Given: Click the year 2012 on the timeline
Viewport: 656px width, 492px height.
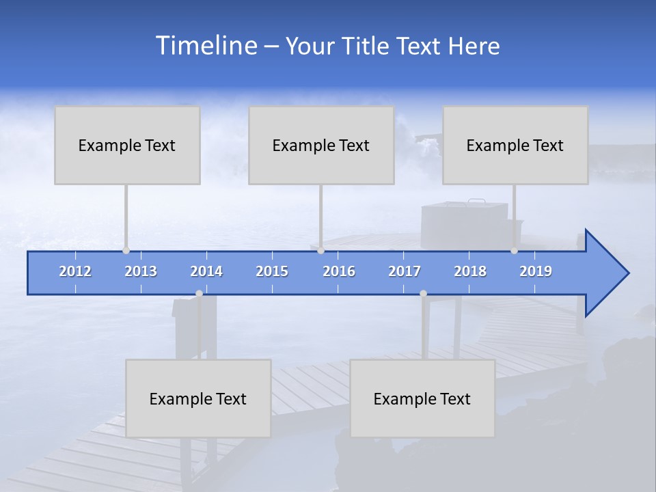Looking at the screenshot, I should [x=75, y=271].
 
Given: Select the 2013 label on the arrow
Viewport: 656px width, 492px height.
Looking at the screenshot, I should [x=141, y=271].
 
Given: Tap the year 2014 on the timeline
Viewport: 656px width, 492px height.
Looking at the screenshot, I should [x=206, y=271].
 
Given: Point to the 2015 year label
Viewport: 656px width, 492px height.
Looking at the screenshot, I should [x=272, y=271].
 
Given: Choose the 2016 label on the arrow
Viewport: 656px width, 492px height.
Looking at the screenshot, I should [x=339, y=271].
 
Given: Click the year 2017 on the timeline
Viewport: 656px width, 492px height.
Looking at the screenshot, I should [x=405, y=271].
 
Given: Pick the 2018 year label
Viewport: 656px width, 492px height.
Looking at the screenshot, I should [x=470, y=271].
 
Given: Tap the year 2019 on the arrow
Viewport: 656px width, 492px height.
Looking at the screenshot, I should [x=536, y=271].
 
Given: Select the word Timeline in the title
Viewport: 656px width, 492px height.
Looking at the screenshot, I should [x=206, y=46].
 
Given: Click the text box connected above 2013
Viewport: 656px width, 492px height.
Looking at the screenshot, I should [x=127, y=145].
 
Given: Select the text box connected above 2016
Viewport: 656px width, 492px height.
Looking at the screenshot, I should [x=321, y=145].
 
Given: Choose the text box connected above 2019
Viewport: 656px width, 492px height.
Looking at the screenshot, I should [x=515, y=145].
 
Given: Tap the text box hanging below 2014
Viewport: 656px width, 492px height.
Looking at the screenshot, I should [x=198, y=398].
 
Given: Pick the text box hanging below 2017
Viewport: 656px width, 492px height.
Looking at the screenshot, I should [x=422, y=398].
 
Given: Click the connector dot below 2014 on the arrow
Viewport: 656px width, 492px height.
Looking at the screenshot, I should [x=199, y=294].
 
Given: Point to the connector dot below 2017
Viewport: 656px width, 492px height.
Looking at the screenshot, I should [x=423, y=294].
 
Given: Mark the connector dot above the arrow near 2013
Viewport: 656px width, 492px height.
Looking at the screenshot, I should [x=126, y=250].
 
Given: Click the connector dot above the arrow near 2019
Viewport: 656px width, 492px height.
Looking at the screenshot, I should [x=514, y=250].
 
